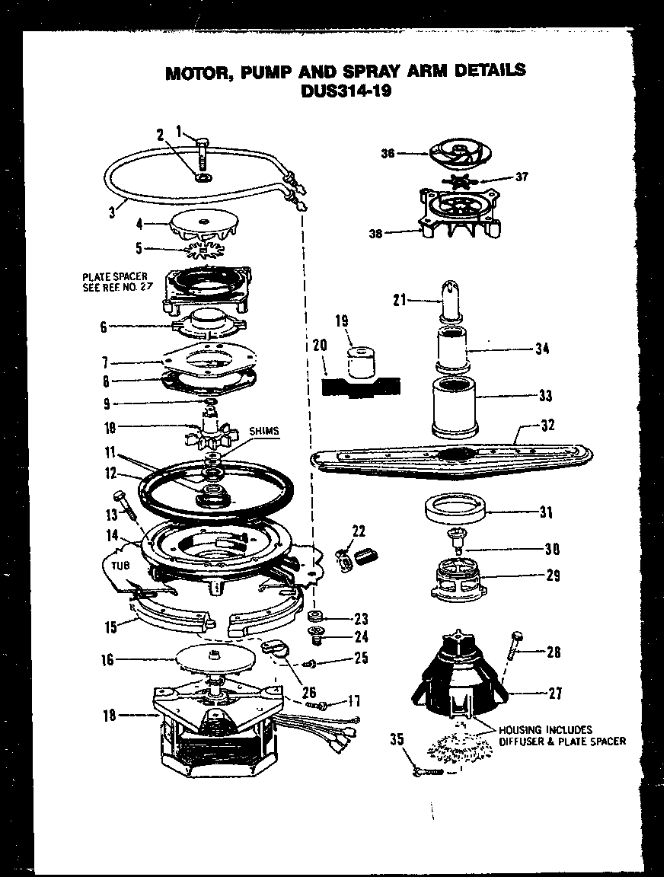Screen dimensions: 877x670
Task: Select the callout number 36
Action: [x=388, y=152]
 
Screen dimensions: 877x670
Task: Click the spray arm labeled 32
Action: [x=457, y=461]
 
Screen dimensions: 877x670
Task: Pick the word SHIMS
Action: [x=263, y=431]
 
